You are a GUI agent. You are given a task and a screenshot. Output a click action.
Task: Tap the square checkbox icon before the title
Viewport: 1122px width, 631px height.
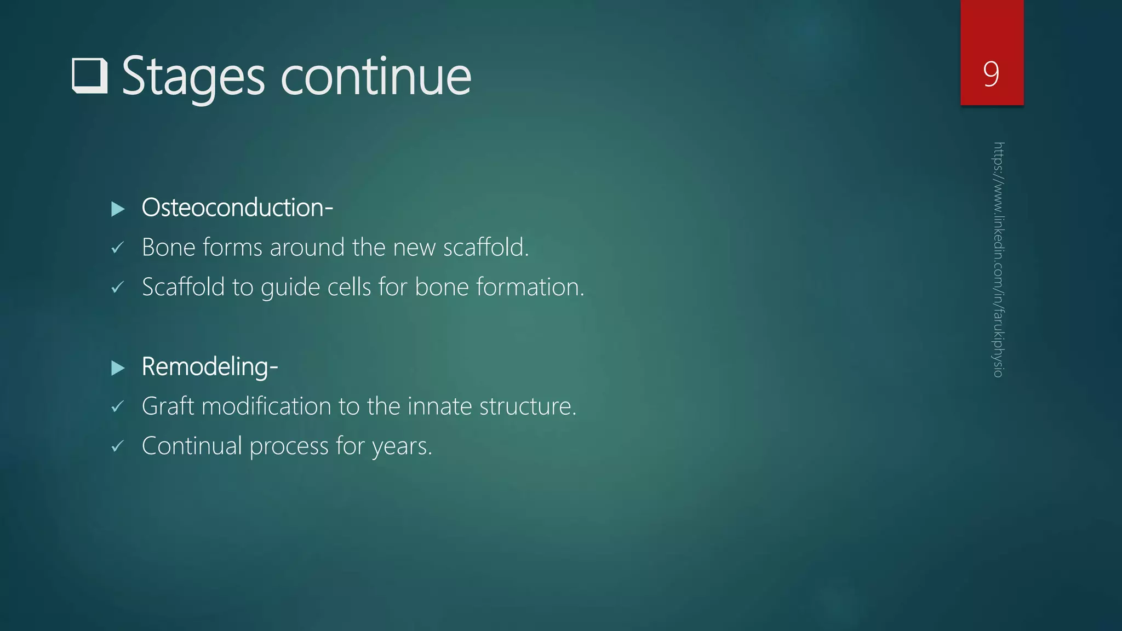point(89,76)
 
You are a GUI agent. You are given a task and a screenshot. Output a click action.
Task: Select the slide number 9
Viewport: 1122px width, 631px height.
point(991,74)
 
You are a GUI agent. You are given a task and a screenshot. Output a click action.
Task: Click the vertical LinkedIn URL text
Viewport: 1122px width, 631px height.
point(998,260)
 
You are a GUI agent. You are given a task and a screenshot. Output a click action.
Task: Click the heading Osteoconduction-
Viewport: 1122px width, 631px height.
point(237,208)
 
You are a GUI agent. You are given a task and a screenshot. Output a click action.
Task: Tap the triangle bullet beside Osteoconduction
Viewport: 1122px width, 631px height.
point(118,209)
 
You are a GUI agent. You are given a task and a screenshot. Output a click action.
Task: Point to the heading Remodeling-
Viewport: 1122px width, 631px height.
point(210,366)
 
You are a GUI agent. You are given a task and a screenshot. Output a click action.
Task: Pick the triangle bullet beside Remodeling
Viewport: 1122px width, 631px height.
point(118,368)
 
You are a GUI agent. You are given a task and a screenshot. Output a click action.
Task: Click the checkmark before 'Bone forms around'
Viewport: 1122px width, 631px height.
point(117,248)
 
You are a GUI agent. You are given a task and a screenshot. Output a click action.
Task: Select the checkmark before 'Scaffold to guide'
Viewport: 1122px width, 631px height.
point(117,288)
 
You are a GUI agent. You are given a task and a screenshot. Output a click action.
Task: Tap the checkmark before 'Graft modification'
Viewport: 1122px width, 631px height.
point(117,407)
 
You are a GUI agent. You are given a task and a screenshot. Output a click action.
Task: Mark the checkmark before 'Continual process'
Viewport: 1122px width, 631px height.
point(117,447)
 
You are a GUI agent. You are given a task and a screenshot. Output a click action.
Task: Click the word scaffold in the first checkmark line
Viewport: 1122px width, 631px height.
point(485,248)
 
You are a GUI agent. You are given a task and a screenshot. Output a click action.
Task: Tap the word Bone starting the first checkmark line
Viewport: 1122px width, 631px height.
point(169,248)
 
